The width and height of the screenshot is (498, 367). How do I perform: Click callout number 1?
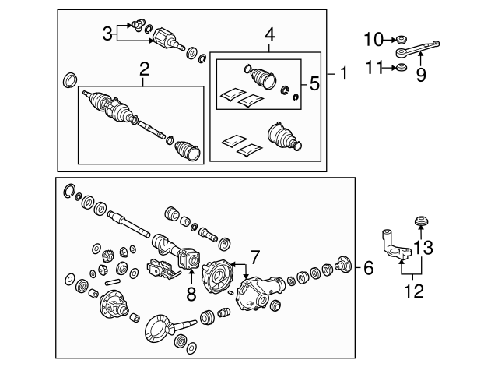[x=343, y=75]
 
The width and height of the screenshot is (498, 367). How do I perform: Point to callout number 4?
[x=269, y=34]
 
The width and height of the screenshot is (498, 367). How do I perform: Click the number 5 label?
[x=314, y=83]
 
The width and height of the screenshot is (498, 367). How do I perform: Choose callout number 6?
[x=368, y=267]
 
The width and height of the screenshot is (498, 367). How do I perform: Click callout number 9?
[x=420, y=75]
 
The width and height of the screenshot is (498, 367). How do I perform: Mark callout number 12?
[x=413, y=292]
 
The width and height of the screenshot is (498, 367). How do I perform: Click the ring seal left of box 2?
[x=69, y=79]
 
